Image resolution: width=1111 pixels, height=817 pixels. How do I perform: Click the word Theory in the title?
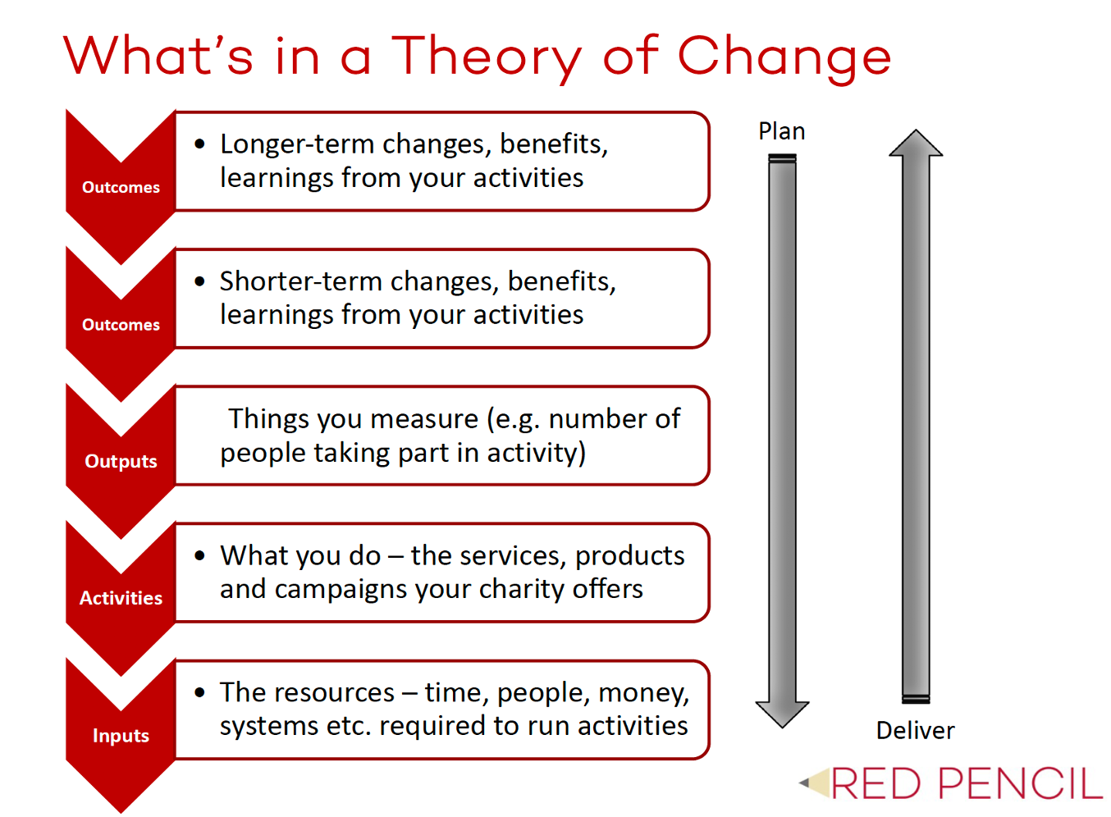click(487, 59)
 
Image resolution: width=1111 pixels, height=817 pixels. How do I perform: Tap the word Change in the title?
click(784, 59)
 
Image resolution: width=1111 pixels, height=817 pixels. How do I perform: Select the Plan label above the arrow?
click(782, 131)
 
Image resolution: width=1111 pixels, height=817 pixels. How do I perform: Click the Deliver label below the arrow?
click(915, 730)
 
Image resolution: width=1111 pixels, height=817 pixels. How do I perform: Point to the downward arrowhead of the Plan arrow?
click(782, 714)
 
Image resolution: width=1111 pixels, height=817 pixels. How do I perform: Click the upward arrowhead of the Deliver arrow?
click(916, 144)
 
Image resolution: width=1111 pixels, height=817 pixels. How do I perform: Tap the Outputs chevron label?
click(121, 462)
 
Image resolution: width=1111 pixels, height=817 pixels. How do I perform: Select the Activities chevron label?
click(121, 598)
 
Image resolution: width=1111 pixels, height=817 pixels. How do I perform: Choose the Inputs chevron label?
click(121, 736)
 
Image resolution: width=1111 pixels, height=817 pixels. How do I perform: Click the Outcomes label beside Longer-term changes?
click(121, 187)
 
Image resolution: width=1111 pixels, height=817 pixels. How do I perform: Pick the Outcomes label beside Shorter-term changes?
click(121, 325)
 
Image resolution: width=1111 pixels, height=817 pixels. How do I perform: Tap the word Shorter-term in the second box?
click(301, 281)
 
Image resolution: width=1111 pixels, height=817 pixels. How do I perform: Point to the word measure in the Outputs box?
click(424, 419)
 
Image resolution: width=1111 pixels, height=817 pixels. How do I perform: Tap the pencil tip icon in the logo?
click(814, 783)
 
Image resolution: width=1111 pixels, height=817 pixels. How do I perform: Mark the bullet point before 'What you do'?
click(200, 555)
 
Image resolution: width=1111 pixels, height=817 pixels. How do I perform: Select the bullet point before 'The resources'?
click(200, 692)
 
